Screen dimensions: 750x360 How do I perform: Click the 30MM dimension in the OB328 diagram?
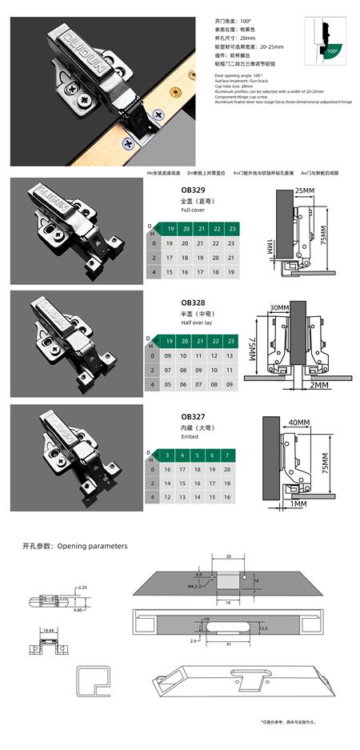pyautogui.click(x=279, y=308)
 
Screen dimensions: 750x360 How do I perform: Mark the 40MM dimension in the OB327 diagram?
pyautogui.click(x=298, y=423)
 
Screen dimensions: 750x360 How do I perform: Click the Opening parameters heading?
pyautogui.click(x=75, y=546)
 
